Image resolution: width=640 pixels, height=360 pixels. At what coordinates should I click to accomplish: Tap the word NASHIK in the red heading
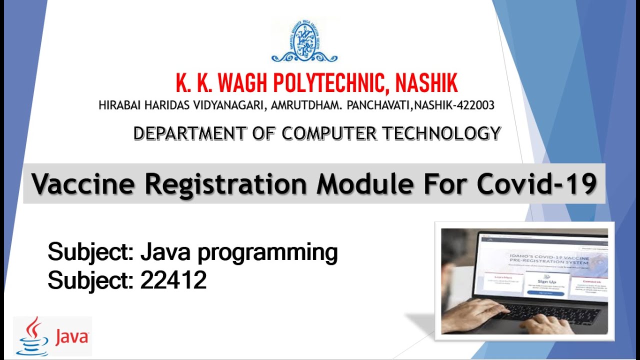pyautogui.click(x=426, y=83)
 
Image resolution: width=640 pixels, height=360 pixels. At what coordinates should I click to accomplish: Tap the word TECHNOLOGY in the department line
pyautogui.click(x=441, y=133)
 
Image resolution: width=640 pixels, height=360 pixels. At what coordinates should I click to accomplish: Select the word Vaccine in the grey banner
pyautogui.click(x=83, y=184)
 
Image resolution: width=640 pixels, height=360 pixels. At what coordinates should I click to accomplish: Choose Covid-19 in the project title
pyautogui.click(x=536, y=184)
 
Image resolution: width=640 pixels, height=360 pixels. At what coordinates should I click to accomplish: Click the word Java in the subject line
pyautogui.click(x=165, y=252)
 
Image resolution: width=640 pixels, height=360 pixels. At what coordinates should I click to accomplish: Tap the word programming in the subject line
pyautogui.click(x=267, y=252)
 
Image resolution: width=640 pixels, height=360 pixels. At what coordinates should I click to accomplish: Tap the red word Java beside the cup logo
pyautogui.click(x=71, y=337)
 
